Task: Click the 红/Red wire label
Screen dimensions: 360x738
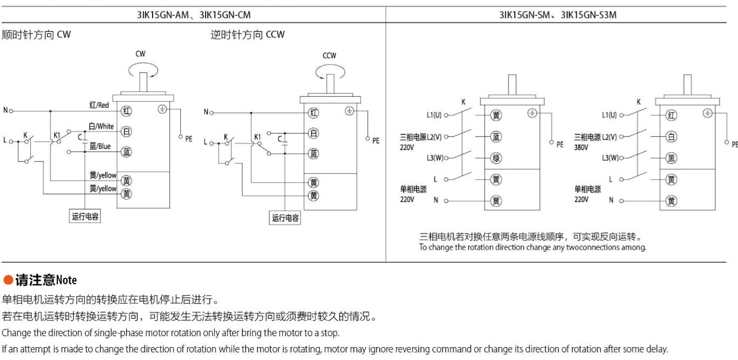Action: pyautogui.click(x=99, y=104)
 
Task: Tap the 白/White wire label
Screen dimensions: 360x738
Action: pyautogui.click(x=101, y=126)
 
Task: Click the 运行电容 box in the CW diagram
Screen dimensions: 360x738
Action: pyautogui.click(x=85, y=217)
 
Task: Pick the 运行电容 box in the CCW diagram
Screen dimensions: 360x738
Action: pyautogui.click(x=286, y=218)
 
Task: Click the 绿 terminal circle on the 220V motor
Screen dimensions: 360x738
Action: pyautogui.click(x=496, y=158)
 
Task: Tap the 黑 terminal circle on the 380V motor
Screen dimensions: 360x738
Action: pyautogui.click(x=671, y=158)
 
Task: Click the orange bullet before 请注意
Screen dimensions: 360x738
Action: pyautogui.click(x=8, y=280)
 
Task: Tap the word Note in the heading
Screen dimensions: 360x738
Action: pyautogui.click(x=67, y=280)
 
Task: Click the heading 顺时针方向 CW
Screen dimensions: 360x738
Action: pyautogui.click(x=36, y=35)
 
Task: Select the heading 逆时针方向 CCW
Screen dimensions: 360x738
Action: pyautogui.click(x=247, y=35)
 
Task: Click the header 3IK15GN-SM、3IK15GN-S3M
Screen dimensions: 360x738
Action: pyautogui.click(x=558, y=15)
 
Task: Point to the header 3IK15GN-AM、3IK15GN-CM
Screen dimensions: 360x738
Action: pyautogui.click(x=193, y=15)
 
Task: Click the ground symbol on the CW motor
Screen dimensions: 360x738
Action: pyautogui.click(x=162, y=109)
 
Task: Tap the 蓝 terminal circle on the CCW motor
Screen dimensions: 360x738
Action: pyautogui.click(x=313, y=153)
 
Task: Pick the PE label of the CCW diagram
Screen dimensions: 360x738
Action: pyautogui.click(x=375, y=140)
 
